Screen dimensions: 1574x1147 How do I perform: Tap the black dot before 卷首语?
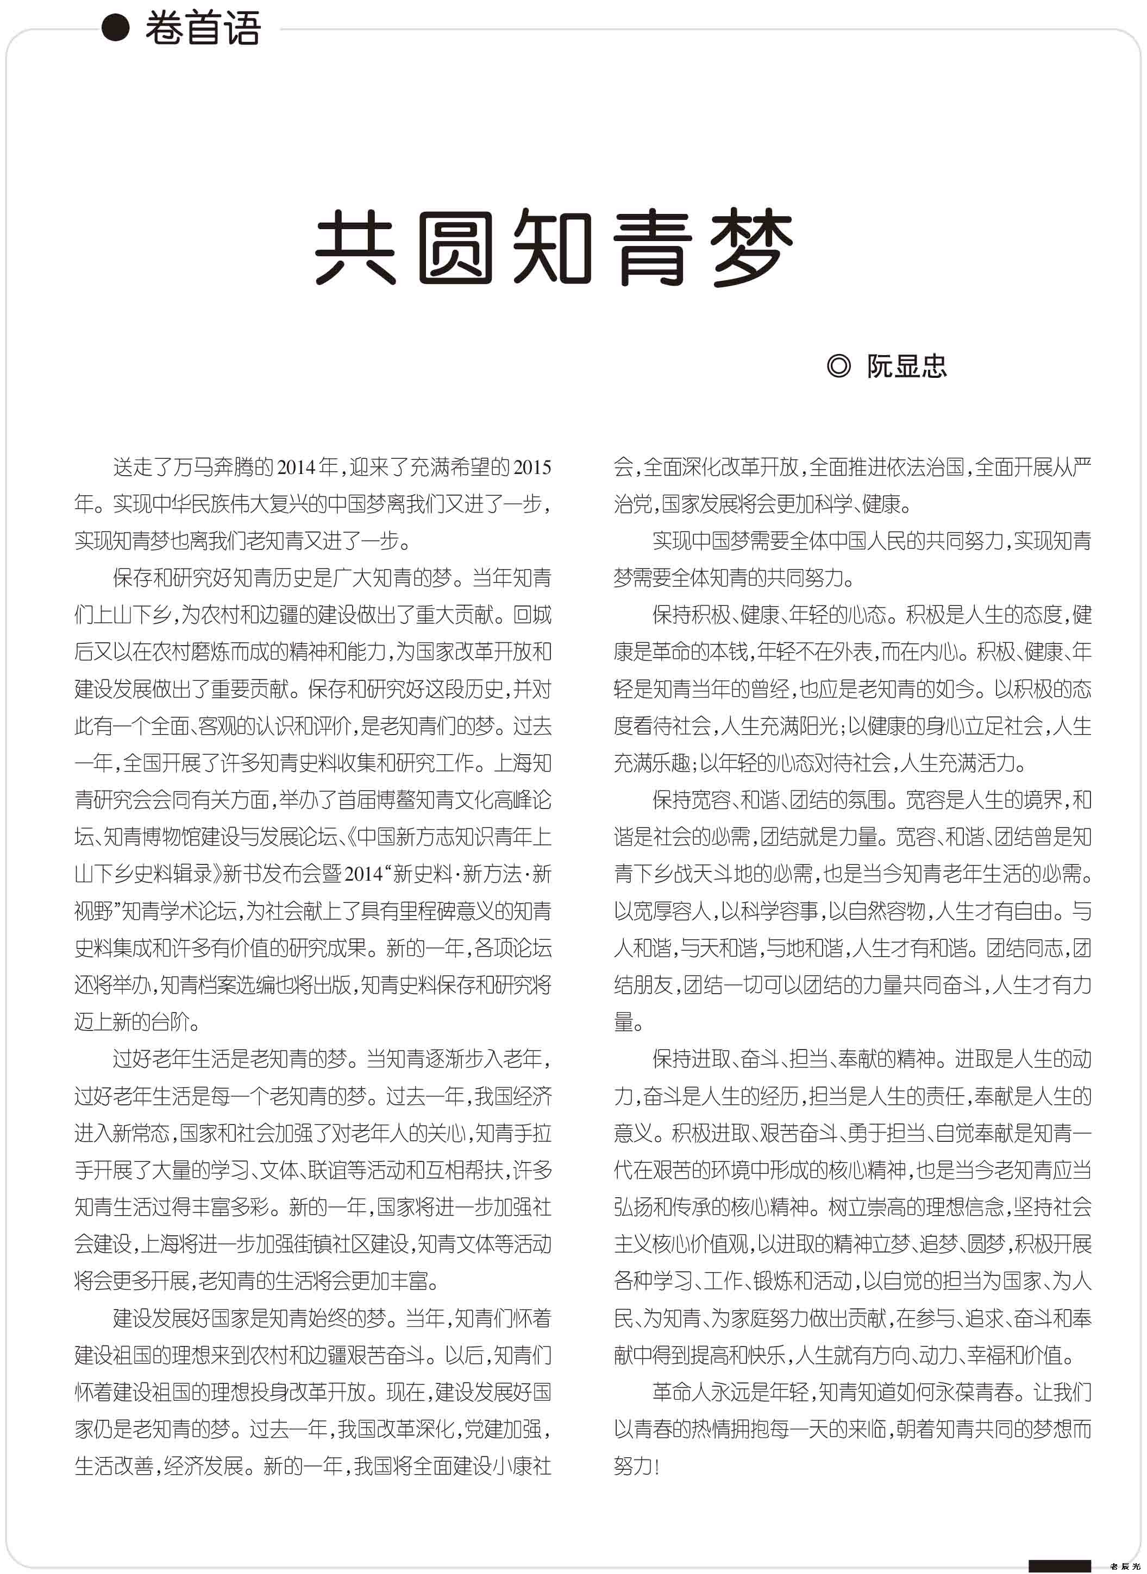coord(116,28)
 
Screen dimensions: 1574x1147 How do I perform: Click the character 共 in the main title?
coord(355,247)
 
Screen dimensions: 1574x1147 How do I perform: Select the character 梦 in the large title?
coord(753,247)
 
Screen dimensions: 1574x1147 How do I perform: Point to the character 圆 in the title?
coord(455,247)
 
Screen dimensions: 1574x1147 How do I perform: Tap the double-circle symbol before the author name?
coord(839,366)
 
